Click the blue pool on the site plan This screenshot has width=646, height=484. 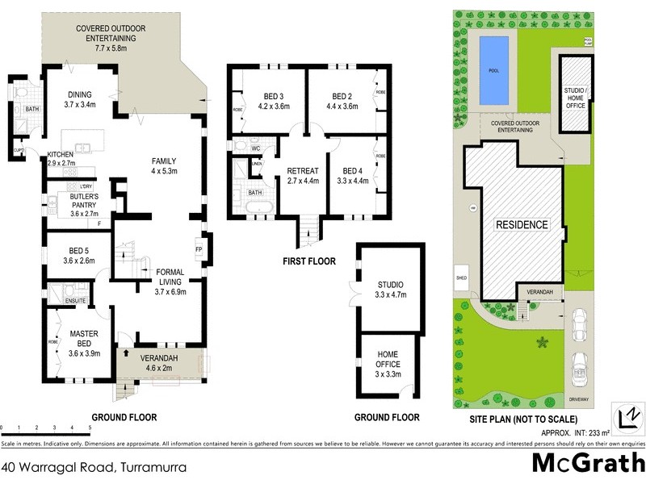pos(493,69)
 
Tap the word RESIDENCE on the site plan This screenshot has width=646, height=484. pos(522,224)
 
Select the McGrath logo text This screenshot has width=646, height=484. pos(587,463)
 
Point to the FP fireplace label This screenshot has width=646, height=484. pos(198,249)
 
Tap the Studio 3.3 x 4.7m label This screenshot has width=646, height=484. pos(389,290)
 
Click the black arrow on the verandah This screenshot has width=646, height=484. pos(127,353)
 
